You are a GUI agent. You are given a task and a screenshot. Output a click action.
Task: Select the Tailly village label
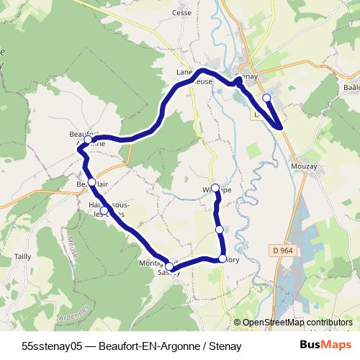click(x=22, y=256)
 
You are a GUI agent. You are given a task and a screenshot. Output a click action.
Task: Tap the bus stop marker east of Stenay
click(x=266, y=97)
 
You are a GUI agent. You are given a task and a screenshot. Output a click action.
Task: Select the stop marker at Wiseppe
click(x=215, y=188)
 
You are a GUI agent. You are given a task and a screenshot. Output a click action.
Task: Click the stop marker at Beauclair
click(x=91, y=182)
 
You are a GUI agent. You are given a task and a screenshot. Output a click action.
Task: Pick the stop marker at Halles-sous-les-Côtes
click(x=104, y=211)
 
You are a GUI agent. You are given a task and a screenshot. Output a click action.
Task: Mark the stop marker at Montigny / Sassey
click(x=169, y=266)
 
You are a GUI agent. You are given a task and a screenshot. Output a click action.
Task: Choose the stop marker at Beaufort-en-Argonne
click(x=88, y=139)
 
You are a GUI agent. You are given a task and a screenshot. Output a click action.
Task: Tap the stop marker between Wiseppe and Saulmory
click(x=220, y=229)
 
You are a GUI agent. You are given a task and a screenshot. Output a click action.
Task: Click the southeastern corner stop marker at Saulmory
click(x=222, y=258)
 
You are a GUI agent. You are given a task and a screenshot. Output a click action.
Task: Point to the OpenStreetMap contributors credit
click(x=297, y=323)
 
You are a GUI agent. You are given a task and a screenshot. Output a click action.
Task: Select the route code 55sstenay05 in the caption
click(x=54, y=346)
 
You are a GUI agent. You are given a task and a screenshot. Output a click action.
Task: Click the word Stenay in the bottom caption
click(x=225, y=346)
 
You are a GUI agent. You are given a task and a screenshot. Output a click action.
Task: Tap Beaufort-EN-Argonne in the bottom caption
click(x=152, y=346)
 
